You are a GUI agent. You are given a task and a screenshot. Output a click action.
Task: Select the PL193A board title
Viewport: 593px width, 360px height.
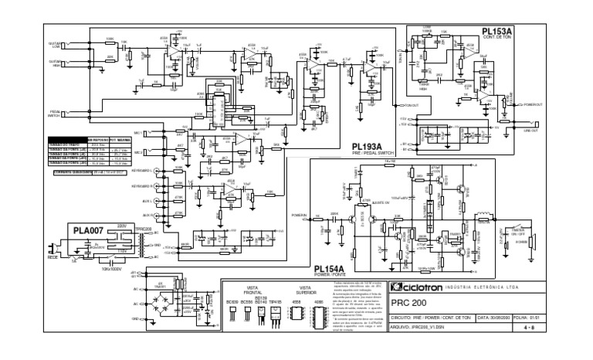(x=368, y=146)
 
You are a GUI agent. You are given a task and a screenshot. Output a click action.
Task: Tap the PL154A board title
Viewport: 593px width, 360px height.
(x=330, y=267)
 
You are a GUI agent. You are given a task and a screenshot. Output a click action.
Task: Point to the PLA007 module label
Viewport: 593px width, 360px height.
(x=87, y=230)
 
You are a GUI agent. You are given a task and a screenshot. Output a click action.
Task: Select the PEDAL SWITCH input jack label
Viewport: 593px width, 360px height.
(x=55, y=114)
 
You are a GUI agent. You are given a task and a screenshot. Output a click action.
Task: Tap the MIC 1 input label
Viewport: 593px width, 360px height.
(x=138, y=133)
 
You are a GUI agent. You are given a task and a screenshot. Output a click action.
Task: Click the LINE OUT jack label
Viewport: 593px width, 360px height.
(x=530, y=130)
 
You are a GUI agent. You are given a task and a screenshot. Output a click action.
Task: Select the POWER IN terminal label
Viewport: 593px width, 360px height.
(x=300, y=216)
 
